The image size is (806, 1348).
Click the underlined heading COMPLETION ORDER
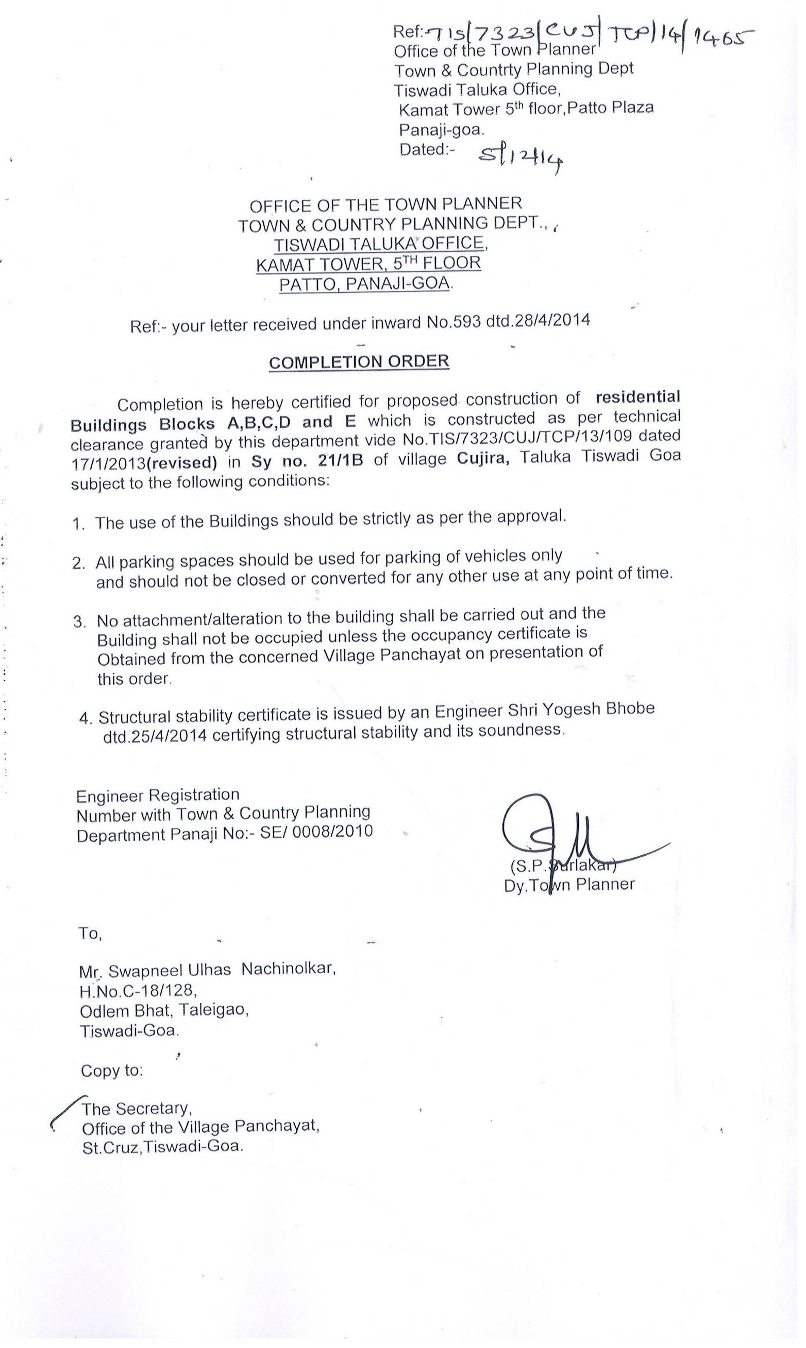click(359, 362)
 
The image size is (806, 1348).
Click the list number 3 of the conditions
click(80, 621)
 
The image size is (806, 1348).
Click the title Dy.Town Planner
click(568, 885)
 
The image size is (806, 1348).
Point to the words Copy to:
click(112, 1070)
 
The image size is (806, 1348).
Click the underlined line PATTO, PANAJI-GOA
click(364, 283)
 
